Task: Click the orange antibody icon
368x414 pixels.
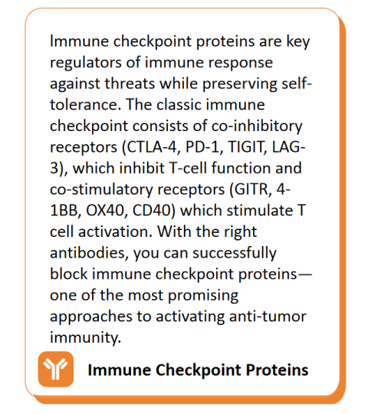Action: point(56,369)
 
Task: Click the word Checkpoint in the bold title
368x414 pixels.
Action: point(199,370)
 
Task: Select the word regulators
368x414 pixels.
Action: point(86,63)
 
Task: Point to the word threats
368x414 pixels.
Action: point(130,84)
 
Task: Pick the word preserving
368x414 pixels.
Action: point(239,84)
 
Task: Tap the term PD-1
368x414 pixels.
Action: point(202,147)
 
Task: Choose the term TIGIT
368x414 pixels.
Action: point(247,147)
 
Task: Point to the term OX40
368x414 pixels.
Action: point(105,211)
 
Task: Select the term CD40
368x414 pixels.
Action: point(152,211)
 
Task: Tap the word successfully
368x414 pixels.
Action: point(235,253)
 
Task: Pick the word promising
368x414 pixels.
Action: point(203,296)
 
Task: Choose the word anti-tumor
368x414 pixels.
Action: point(268,317)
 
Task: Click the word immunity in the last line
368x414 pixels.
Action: point(86,338)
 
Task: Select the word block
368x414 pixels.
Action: point(69,274)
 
